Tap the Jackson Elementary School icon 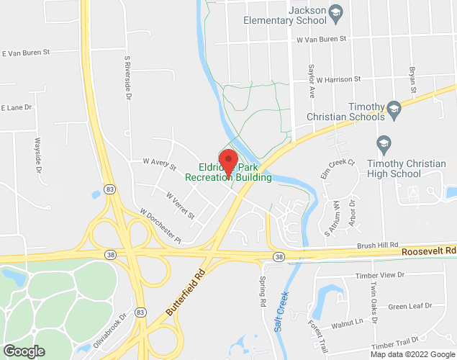(x=335, y=11)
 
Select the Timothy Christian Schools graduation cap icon (x=394, y=108)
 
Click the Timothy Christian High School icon (x=383, y=141)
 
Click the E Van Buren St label (x=25, y=53)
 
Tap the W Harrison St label (x=338, y=78)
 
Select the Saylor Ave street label (x=312, y=81)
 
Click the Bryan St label (x=412, y=80)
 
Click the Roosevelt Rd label (x=429, y=251)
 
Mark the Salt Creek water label (x=282, y=310)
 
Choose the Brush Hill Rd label (x=378, y=245)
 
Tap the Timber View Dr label (x=381, y=276)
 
